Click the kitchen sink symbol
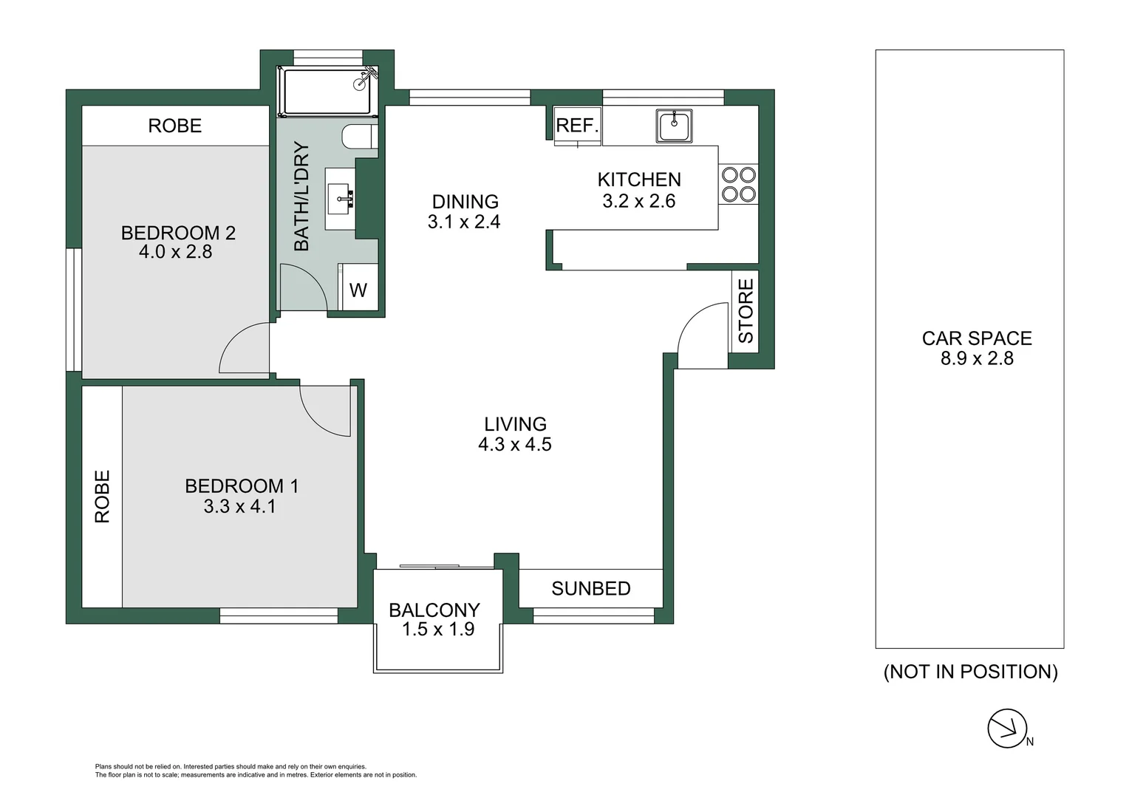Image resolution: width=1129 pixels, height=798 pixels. [x=674, y=126]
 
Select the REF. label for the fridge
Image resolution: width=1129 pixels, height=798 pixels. [x=577, y=126]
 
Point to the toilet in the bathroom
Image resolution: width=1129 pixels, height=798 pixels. [x=360, y=137]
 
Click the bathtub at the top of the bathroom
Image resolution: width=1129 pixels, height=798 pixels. [x=327, y=92]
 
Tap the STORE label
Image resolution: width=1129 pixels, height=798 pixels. [x=746, y=311]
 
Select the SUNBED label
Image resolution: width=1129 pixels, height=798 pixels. [x=590, y=588]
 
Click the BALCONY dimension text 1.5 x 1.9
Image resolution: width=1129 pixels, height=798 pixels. [x=437, y=630]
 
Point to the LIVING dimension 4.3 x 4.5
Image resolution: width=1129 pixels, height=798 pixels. [x=514, y=444]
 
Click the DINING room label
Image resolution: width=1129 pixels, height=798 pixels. [x=465, y=202]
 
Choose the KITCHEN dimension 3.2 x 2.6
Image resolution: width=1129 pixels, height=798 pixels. [x=638, y=201]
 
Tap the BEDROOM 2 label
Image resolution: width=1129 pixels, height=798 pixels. [x=178, y=233]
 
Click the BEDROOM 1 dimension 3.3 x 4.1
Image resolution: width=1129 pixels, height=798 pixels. [x=239, y=506]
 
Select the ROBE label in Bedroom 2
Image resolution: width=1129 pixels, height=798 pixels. [x=174, y=126]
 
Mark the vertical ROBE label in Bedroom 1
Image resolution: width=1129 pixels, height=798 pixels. [x=102, y=497]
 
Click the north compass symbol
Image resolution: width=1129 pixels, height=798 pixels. [x=1008, y=729]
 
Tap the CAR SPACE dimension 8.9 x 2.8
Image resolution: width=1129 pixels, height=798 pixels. [x=976, y=358]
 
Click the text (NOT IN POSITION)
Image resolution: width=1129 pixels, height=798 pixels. [x=970, y=672]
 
